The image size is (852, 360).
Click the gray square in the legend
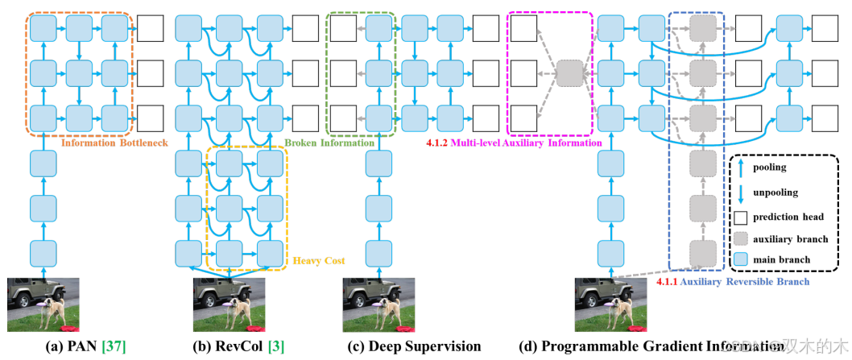(x=742, y=238)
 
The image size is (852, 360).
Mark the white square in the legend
(x=742, y=217)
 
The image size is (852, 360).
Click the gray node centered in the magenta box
(x=569, y=72)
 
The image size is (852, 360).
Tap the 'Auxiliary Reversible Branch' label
(x=733, y=282)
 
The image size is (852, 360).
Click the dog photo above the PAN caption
(x=44, y=304)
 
